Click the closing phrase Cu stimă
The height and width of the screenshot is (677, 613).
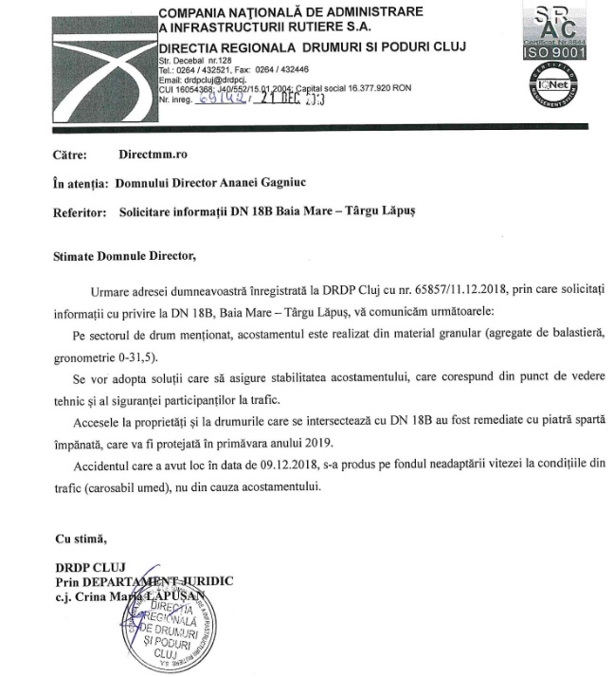pos(78,539)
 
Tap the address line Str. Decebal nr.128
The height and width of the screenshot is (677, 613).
pos(192,60)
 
